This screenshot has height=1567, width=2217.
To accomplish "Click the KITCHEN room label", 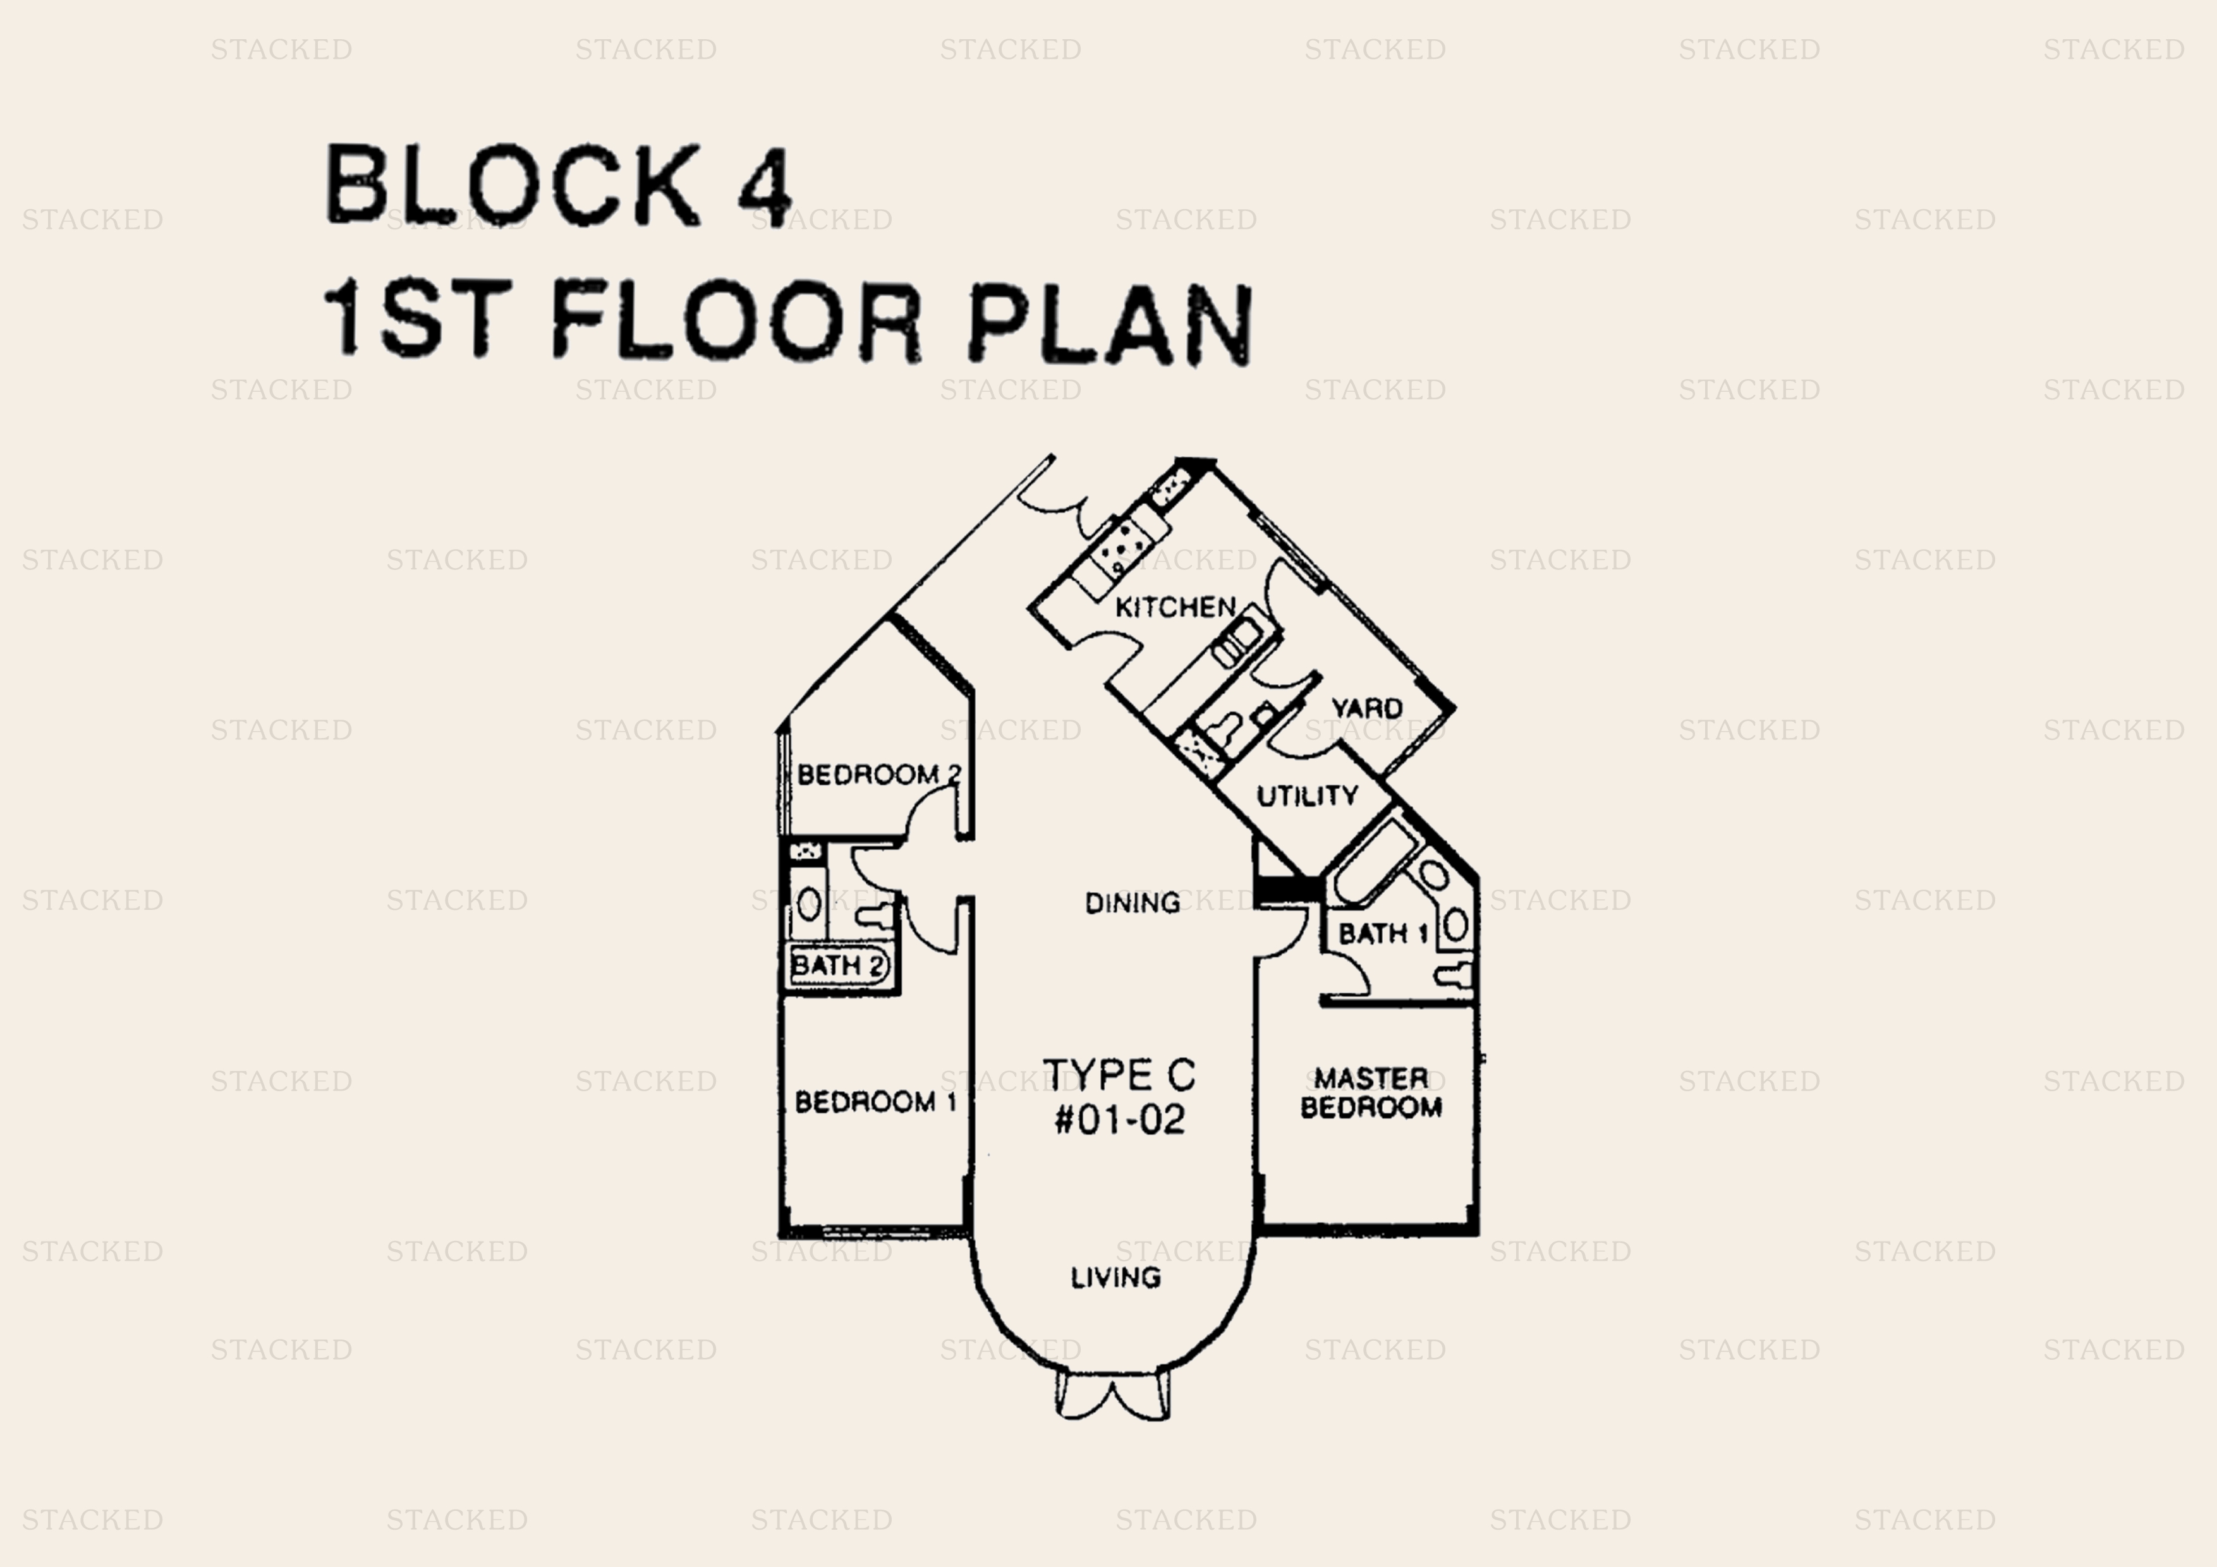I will coord(1175,607).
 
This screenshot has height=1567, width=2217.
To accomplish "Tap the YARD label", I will coord(1366,708).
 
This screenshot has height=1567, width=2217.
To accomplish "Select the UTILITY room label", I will coord(1306,796).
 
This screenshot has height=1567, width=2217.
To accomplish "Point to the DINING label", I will coord(1132,903).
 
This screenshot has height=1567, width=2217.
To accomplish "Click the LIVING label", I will coord(1115,1278).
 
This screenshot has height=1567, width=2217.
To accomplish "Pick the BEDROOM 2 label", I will coord(878,774).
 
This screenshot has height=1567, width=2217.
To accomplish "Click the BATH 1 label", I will coord(1383,934).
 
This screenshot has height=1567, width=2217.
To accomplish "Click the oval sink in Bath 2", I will coord(809,905).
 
